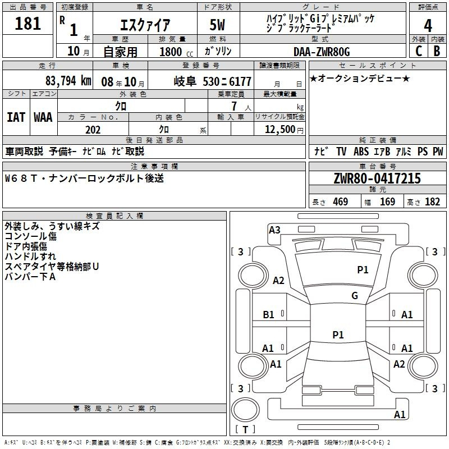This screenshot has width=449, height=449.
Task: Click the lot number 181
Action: point(28,24)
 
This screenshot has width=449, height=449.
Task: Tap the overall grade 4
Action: point(428,26)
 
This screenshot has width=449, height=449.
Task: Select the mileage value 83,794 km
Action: point(68,81)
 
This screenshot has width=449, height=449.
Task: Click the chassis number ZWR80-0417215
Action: point(377,178)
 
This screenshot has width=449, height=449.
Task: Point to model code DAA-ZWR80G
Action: point(322,52)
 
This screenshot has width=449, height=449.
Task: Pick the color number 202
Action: point(93,130)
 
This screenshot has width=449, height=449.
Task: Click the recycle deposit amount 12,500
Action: point(280,130)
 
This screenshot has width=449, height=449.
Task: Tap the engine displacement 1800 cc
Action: point(176,52)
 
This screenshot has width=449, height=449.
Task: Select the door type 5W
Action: point(217,25)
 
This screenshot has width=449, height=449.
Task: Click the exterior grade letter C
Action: point(419,51)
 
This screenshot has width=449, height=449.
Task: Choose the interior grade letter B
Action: point(437,51)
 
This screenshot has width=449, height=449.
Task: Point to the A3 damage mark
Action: point(274,230)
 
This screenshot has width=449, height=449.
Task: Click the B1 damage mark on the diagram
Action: point(268,315)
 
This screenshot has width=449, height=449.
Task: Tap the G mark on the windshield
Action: point(355,296)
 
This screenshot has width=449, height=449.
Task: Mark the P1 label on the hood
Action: point(363,270)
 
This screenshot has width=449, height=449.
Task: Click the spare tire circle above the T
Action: point(245,410)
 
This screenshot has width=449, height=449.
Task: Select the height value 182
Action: point(432,202)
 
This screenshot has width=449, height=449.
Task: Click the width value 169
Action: point(387,202)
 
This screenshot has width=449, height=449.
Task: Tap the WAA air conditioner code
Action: point(43,117)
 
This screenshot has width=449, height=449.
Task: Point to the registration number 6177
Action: point(240,81)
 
